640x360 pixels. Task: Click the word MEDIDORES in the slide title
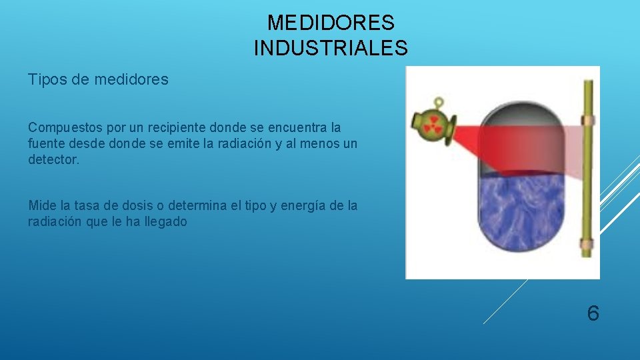click(x=331, y=23)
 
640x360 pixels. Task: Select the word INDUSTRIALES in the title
click(x=331, y=48)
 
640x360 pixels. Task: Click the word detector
click(x=53, y=161)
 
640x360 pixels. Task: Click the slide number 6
click(x=593, y=313)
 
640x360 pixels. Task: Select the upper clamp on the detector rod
click(x=587, y=121)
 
